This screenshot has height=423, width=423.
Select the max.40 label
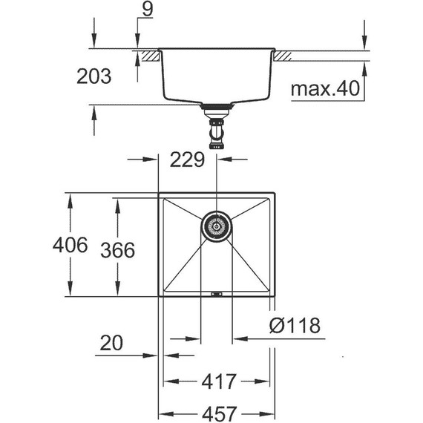point(324,90)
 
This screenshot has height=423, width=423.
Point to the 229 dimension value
point(188,160)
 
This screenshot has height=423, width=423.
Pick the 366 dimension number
point(117,250)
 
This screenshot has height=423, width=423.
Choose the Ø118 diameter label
point(295,325)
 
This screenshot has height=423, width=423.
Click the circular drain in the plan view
point(216,225)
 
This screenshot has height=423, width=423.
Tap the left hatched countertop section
point(148,55)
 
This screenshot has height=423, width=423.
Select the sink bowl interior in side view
point(216,78)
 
